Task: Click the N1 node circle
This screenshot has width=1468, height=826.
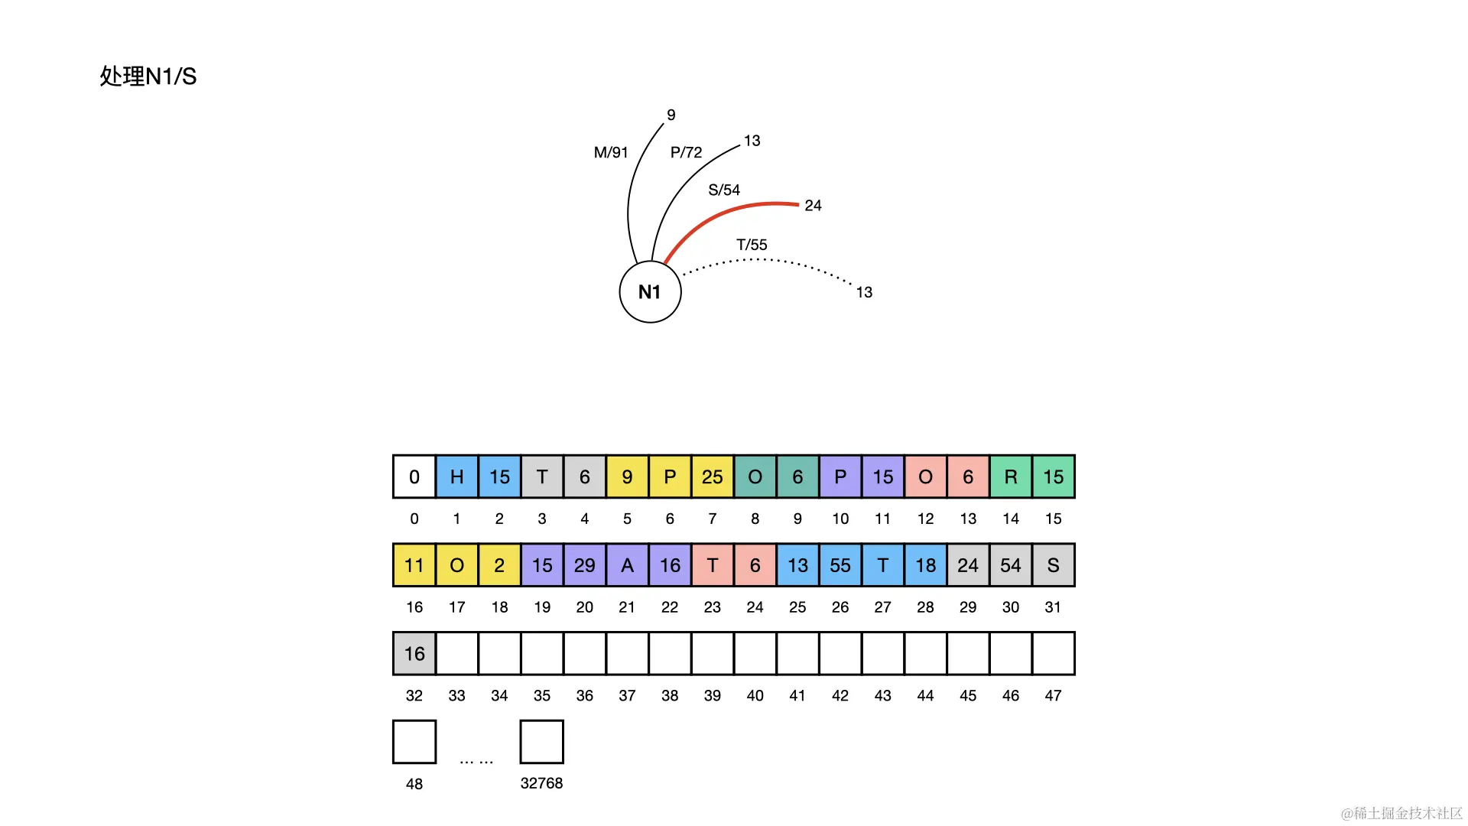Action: point(650,292)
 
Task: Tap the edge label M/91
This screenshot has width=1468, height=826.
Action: point(611,152)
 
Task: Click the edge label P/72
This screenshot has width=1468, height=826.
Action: point(686,152)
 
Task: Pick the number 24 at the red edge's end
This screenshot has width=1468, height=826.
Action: point(813,206)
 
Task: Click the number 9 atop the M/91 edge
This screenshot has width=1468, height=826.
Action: point(671,115)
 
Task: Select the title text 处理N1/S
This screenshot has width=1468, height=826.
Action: point(148,76)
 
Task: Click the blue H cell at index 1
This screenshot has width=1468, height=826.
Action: point(456,477)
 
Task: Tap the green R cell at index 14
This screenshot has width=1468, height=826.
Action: point(1011,477)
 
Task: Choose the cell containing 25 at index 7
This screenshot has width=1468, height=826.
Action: point(713,477)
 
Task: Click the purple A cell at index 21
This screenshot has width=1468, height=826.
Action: point(627,565)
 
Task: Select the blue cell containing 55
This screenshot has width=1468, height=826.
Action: point(840,565)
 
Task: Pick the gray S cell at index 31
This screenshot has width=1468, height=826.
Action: point(1053,565)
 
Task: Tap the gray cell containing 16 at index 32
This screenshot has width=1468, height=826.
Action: point(414,654)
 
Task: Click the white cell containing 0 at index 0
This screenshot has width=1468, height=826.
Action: point(414,477)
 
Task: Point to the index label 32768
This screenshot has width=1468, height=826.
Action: point(541,783)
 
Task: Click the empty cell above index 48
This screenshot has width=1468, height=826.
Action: point(414,742)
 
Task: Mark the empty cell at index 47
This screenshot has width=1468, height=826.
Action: point(1053,654)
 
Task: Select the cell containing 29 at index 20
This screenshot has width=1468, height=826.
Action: point(585,565)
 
